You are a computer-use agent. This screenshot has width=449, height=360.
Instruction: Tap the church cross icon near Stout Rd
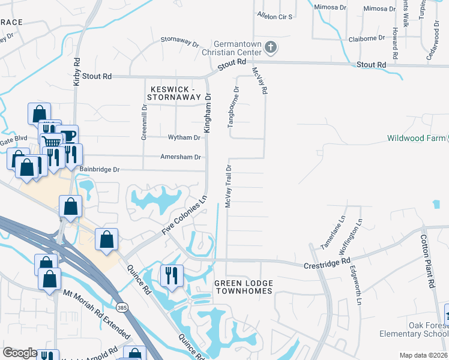(271, 47)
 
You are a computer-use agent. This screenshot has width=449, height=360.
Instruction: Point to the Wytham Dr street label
(184, 137)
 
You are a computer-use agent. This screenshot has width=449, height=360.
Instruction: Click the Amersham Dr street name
(180, 157)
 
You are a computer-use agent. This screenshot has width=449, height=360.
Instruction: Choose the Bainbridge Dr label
(100, 170)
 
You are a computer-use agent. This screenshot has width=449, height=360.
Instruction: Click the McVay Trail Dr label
(228, 185)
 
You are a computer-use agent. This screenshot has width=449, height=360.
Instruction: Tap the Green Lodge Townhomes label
(243, 287)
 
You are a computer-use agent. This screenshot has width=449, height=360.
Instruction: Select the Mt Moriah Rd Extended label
(96, 313)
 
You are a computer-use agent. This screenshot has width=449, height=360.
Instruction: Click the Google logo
(20, 353)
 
